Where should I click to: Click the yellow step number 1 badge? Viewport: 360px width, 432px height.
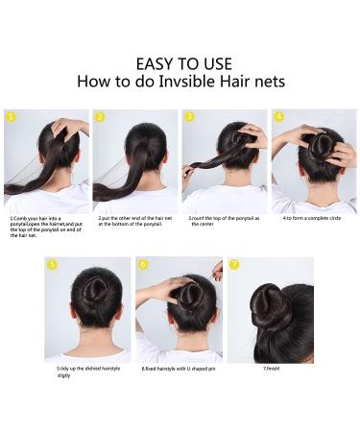12,117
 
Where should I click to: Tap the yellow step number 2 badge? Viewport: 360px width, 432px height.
100,117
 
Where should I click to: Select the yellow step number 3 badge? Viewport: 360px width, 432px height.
189,117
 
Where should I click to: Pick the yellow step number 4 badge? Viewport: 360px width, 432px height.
278,117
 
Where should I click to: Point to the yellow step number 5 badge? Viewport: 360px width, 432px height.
52,264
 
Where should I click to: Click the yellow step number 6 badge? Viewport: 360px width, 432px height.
143,264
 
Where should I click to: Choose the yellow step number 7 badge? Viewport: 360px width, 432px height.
233,264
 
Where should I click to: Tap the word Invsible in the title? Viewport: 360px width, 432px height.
178,82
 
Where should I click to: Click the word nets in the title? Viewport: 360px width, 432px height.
265,82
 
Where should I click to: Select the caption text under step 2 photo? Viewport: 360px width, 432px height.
134,221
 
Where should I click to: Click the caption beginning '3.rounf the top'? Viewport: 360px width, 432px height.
224,221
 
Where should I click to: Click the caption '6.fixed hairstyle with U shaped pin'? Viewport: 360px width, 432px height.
178,368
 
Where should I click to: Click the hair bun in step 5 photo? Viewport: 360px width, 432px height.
86,293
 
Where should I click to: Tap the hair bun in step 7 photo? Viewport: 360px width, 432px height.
264,312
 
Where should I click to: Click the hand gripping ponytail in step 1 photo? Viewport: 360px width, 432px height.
61,128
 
